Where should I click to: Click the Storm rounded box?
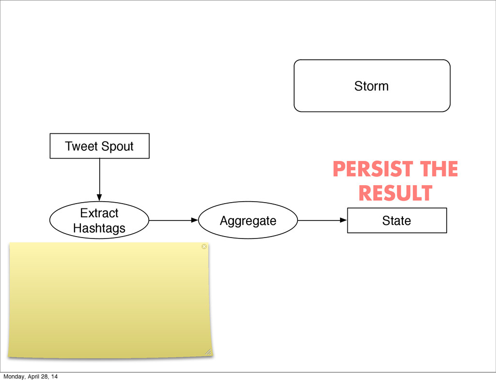[x=372, y=86]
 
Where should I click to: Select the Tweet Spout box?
[x=99, y=146]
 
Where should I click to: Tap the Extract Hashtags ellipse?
[x=99, y=221]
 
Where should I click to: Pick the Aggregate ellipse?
[x=248, y=221]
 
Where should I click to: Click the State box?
[x=397, y=221]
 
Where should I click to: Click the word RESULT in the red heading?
[x=395, y=193]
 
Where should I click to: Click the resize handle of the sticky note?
[x=208, y=351]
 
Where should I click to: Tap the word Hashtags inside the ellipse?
[x=99, y=228]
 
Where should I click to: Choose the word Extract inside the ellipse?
[x=99, y=213]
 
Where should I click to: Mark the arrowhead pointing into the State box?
[x=344, y=220]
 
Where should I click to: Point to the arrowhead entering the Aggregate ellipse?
[x=196, y=220]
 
